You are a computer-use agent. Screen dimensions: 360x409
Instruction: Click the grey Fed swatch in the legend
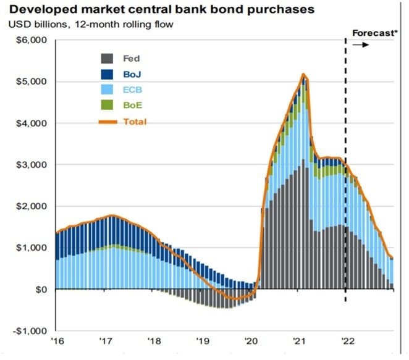click(107, 59)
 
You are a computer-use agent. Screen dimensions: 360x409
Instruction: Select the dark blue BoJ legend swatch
click(107, 75)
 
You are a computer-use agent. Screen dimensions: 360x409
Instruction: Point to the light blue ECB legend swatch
click(107, 90)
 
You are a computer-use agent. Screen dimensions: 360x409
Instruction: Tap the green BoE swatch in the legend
click(107, 106)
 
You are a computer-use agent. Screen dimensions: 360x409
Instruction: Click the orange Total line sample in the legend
click(107, 122)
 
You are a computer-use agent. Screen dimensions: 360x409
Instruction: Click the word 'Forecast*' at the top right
click(373, 33)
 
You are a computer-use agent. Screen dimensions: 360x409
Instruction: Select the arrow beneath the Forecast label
click(361, 45)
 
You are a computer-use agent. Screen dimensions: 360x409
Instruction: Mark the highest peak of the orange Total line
click(303, 75)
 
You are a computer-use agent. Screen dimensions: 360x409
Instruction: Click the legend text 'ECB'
click(132, 90)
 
